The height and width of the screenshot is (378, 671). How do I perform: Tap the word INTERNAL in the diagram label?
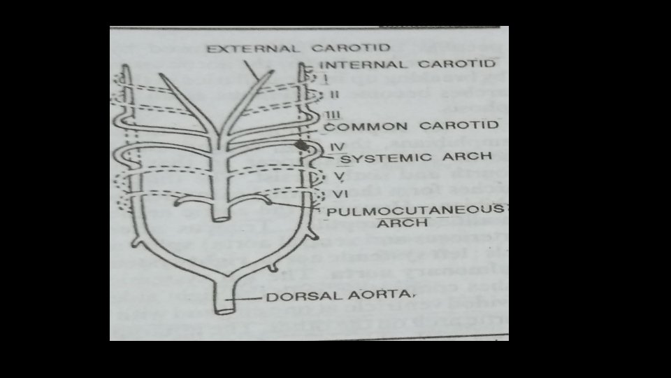pos(351,64)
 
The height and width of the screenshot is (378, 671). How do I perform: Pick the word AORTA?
pos(361,297)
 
